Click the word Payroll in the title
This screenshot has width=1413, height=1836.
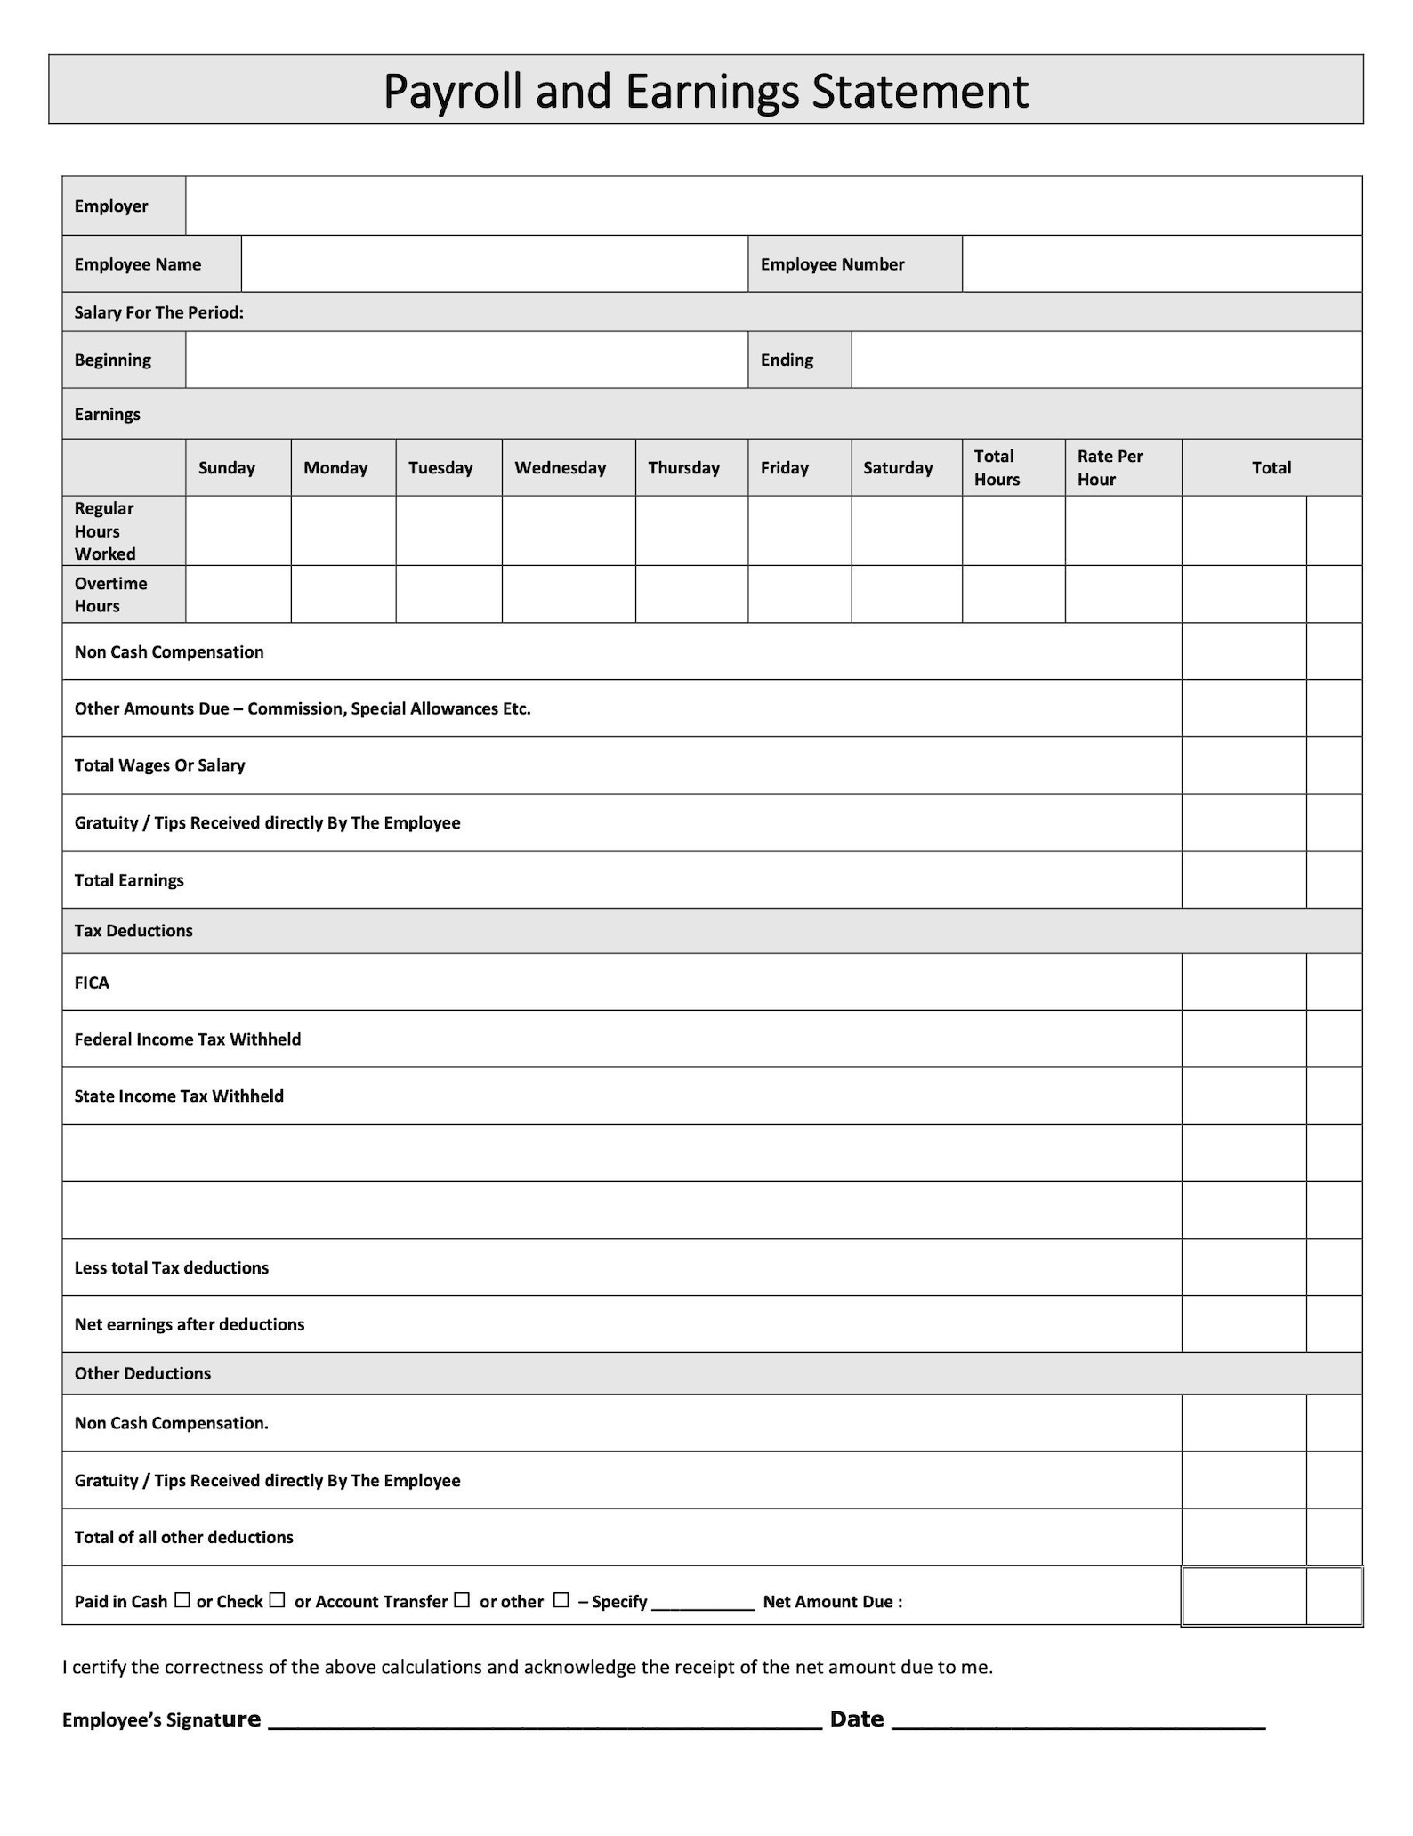[x=452, y=92]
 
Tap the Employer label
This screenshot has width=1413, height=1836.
[x=111, y=206]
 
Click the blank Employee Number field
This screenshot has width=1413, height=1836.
[x=1161, y=264]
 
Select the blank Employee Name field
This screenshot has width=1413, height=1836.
[x=494, y=264]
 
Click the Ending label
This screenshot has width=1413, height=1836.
[x=787, y=360]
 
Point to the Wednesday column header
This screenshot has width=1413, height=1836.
[x=560, y=468]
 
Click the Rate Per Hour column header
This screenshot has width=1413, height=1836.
[x=1110, y=468]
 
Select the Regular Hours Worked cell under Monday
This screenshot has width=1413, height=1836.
[x=343, y=531]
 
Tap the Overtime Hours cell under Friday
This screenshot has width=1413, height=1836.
[x=799, y=594]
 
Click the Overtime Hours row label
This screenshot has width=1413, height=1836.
[x=110, y=594]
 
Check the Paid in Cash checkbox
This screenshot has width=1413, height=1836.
[x=182, y=1600]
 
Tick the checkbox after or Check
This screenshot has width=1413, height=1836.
[x=277, y=1600]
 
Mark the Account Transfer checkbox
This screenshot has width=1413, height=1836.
[x=461, y=1600]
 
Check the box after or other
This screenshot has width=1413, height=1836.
[x=561, y=1600]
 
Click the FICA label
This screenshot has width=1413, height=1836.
[x=92, y=983]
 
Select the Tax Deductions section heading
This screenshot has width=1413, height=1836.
[x=133, y=931]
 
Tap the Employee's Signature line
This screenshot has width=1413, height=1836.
[x=545, y=1723]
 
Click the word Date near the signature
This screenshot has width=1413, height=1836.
[x=856, y=1719]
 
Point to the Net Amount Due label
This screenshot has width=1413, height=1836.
[x=832, y=1602]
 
